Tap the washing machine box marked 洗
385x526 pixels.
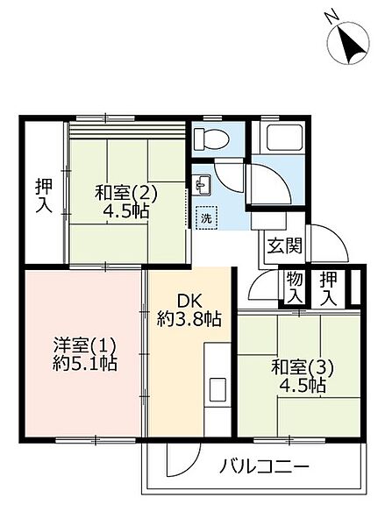tap(207, 218)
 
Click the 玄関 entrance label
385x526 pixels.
tap(285, 246)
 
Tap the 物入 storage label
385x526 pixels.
tap(295, 288)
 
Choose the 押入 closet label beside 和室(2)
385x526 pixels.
tap(45, 196)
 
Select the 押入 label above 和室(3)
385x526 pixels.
tap(328, 288)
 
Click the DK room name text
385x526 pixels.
tap(189, 302)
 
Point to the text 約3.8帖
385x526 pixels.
tap(189, 319)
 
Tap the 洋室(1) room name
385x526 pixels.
tap(85, 346)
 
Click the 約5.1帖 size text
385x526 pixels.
tap(85, 363)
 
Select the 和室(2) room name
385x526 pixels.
tap(126, 194)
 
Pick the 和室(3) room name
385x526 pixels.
tap(302, 367)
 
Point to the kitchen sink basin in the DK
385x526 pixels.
tap(217, 389)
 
